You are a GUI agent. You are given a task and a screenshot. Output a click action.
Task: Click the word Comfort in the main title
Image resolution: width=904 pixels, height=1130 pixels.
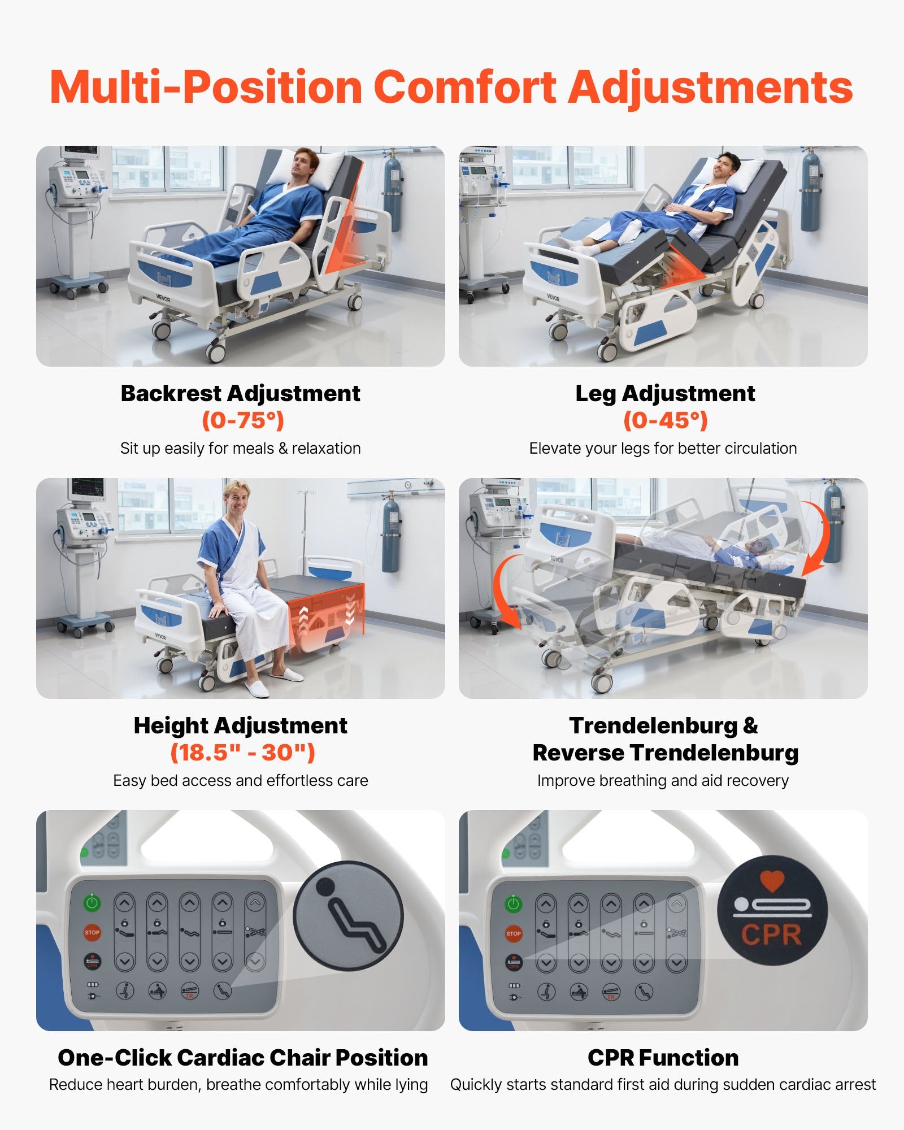coord(465,88)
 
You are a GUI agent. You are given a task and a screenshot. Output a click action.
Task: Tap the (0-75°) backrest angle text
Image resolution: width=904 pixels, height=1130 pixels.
coord(243,420)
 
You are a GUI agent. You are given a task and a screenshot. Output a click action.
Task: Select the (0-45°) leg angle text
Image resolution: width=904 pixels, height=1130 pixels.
coord(666,420)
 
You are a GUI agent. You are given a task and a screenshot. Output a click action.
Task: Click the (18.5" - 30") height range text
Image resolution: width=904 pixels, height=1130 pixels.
coord(243,752)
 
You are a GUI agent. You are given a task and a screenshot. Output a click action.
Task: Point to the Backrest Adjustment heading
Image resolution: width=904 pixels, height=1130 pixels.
coord(241,393)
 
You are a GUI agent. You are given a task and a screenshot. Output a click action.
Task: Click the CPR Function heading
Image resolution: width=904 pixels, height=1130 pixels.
coord(663,1058)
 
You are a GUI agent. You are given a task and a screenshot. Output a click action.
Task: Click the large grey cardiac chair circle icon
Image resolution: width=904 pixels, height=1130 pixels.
coord(349,915)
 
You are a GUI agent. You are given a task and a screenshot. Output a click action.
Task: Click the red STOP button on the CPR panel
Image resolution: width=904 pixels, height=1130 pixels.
coord(514,933)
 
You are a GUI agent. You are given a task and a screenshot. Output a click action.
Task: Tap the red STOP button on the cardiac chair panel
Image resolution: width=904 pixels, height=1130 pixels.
coord(92,932)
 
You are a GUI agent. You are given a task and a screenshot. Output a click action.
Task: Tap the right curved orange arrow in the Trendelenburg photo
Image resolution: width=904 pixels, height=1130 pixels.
coord(818,537)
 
